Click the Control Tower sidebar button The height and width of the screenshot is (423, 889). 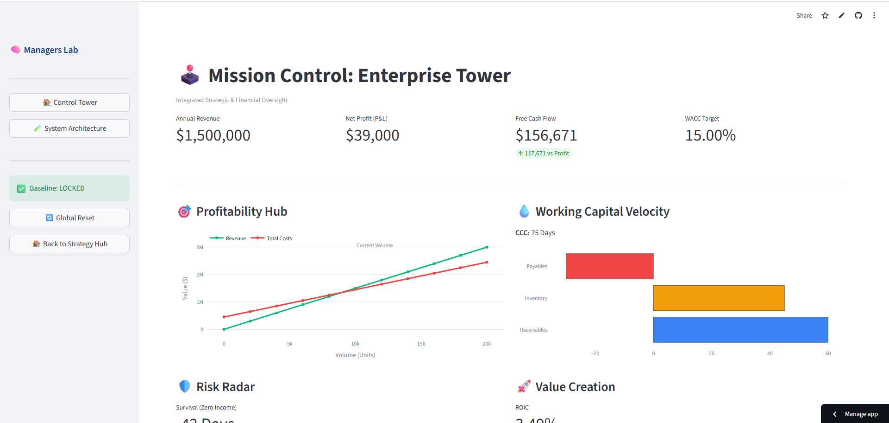click(69, 103)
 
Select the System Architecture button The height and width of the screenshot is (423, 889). click(69, 128)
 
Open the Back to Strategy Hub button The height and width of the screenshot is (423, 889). click(69, 244)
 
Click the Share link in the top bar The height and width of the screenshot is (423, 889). click(804, 15)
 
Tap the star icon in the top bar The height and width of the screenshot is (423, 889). click(825, 15)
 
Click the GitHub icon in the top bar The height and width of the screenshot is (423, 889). click(858, 15)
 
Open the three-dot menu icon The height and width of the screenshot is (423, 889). click(874, 15)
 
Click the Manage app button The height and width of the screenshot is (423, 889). click(856, 414)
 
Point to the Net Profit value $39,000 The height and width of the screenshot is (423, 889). click(372, 135)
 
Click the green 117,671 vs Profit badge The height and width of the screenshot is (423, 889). click(544, 153)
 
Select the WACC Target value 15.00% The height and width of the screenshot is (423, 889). click(710, 135)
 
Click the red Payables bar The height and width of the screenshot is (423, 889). click(609, 266)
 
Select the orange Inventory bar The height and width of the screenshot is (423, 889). click(719, 298)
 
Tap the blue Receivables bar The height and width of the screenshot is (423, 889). click(740, 330)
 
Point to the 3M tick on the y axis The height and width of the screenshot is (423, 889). click(200, 247)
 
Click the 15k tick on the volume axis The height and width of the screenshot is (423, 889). click(421, 344)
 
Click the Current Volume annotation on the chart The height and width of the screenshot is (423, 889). click(374, 245)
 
